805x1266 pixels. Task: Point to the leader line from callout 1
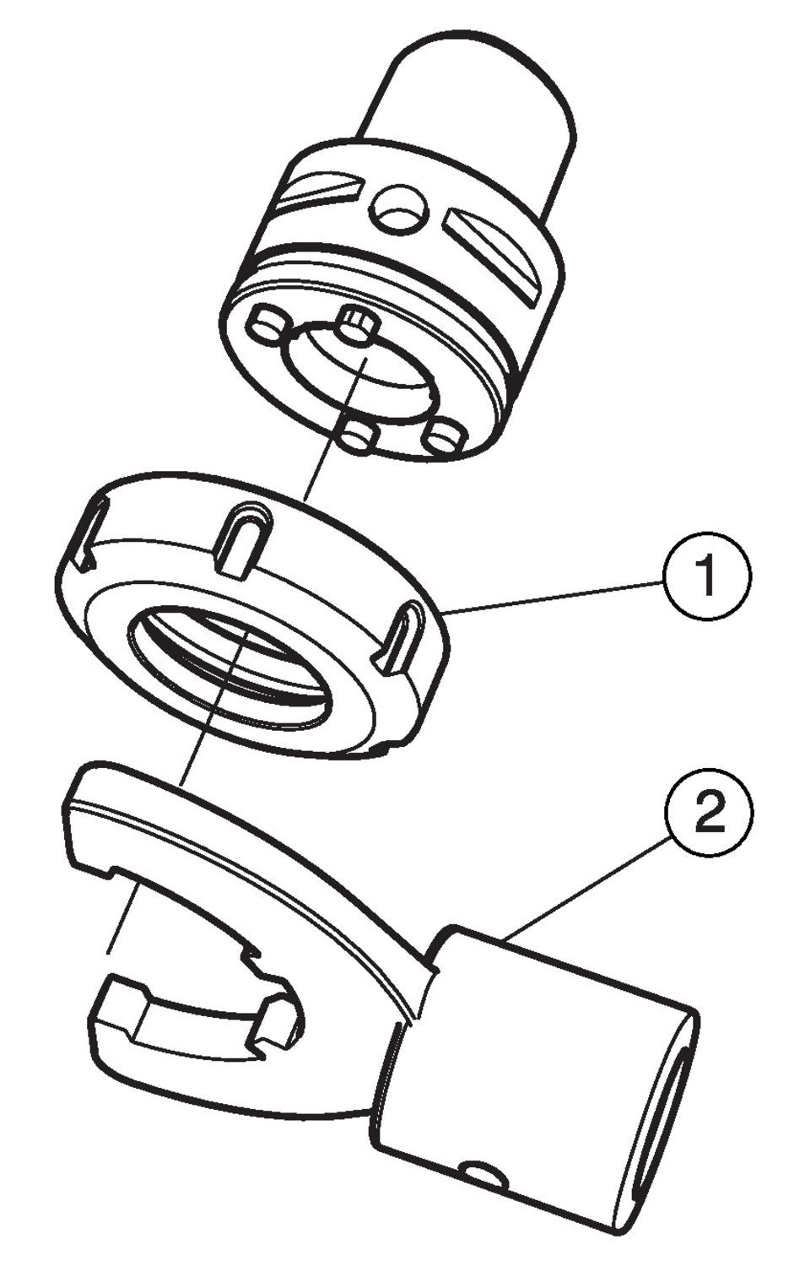click(557, 595)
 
